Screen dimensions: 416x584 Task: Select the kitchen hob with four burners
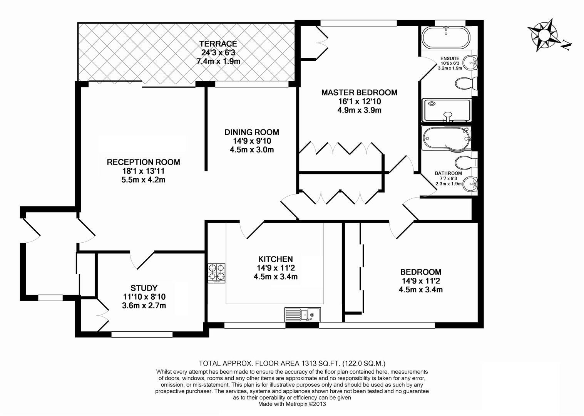click(x=217, y=273)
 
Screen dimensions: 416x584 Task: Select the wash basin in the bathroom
click(x=470, y=184)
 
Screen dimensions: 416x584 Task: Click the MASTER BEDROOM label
click(x=359, y=92)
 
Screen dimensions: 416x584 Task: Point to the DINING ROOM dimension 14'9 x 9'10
click(x=252, y=141)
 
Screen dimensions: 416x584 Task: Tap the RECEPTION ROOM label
click(x=143, y=162)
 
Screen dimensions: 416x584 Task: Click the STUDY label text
click(x=144, y=288)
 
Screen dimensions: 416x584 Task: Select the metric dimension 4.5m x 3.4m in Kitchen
click(x=275, y=277)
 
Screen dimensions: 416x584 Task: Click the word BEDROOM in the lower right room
click(x=420, y=272)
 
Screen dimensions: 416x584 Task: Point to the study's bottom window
click(x=142, y=334)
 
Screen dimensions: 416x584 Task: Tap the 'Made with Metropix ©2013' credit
click(x=292, y=404)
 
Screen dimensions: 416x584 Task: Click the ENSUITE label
click(x=450, y=59)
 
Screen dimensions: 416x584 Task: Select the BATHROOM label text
click(x=448, y=173)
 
